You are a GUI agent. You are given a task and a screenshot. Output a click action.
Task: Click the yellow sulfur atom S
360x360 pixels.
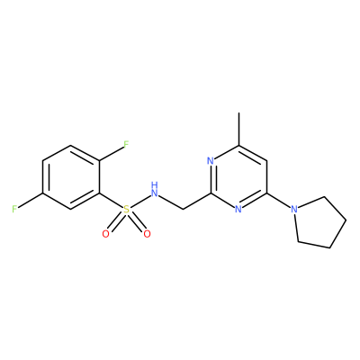point(127,210)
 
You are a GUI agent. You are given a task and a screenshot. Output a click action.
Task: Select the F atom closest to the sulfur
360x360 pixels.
point(126,144)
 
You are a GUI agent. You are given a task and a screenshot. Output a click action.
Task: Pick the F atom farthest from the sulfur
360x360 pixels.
point(14,209)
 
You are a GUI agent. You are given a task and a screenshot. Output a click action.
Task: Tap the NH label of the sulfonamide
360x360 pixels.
point(155,190)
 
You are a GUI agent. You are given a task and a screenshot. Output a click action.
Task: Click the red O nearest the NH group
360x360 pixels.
point(147,234)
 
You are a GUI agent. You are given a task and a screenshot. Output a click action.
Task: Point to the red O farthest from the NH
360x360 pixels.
point(105,234)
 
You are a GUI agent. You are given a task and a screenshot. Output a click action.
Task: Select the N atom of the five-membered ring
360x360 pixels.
point(295,209)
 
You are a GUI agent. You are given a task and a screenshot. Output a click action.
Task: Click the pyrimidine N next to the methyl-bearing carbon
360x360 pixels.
point(211,161)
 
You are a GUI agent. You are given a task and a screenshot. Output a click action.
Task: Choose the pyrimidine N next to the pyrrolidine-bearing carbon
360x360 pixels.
point(238,209)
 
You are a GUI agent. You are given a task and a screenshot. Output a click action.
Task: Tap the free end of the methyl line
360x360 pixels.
point(238,112)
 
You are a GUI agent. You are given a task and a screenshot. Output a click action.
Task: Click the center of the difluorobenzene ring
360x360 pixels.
point(71,177)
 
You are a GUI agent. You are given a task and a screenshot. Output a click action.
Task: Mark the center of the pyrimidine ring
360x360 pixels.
point(238,177)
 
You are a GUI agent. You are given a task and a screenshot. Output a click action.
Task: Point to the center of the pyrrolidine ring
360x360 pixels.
point(319,222)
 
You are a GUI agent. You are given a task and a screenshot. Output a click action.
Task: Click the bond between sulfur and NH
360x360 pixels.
point(139,202)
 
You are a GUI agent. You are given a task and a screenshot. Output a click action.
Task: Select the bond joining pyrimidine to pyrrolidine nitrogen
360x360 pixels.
point(279,200)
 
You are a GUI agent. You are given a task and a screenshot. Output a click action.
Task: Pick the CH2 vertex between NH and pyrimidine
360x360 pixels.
point(183,209)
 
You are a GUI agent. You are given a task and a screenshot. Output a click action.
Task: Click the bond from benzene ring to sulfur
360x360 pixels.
point(111,200)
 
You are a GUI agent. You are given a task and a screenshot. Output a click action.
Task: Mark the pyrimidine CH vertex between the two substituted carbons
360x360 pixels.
point(267,161)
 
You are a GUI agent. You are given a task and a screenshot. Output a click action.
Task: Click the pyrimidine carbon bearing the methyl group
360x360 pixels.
point(238,145)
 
